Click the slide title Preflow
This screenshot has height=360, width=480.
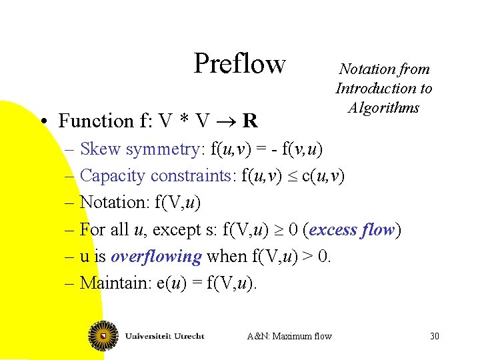(239, 64)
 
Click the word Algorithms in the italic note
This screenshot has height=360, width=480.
(383, 107)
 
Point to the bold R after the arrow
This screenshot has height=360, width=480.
(250, 121)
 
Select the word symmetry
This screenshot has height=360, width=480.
(158, 149)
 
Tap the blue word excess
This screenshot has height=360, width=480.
(333, 230)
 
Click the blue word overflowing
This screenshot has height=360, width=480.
(156, 256)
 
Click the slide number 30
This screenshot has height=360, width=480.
(435, 336)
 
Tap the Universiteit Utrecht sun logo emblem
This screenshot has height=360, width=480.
(104, 335)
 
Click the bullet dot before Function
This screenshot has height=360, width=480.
(42, 121)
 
